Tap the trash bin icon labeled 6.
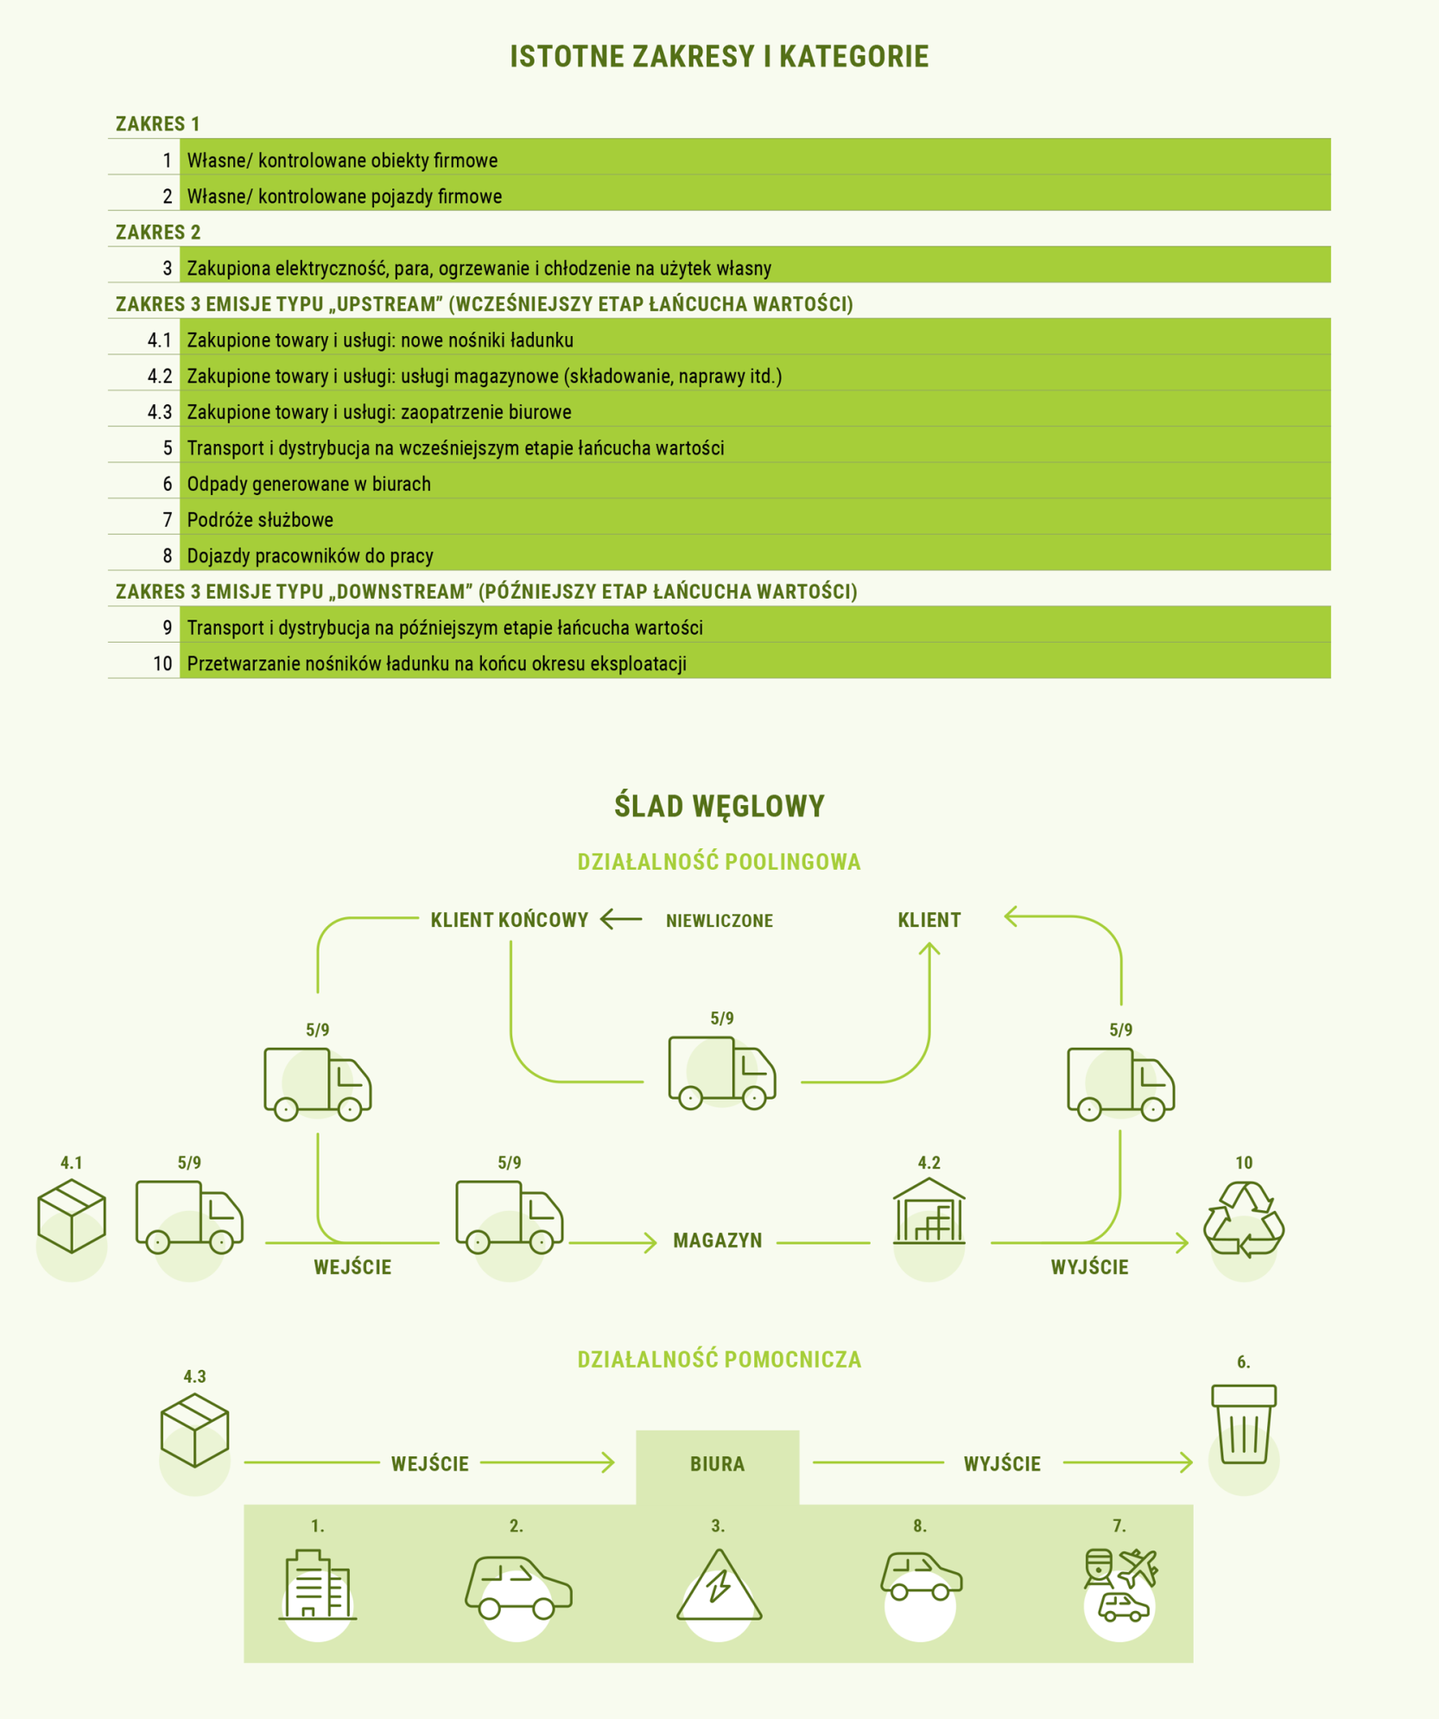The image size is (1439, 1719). [x=1244, y=1424]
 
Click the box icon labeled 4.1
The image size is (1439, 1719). [x=72, y=1215]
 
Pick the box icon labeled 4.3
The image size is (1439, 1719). [x=194, y=1430]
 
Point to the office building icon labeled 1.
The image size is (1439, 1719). [x=318, y=1584]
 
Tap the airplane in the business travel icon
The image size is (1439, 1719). [x=1139, y=1568]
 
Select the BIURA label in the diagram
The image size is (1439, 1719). [x=717, y=1463]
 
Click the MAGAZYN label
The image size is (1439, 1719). [x=718, y=1240]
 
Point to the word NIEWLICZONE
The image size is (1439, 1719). [x=719, y=921]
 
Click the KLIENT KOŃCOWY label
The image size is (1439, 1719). [x=510, y=920]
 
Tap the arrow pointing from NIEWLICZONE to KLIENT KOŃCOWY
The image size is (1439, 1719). [x=621, y=919]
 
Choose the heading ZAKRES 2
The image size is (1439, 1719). [x=158, y=232]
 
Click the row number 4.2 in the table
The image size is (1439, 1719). [x=160, y=376]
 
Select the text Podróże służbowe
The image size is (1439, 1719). [x=260, y=519]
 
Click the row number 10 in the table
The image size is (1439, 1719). [x=162, y=663]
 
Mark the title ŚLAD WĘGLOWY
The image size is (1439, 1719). [x=719, y=806]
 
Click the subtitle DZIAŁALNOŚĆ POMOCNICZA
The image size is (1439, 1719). [x=719, y=1360]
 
